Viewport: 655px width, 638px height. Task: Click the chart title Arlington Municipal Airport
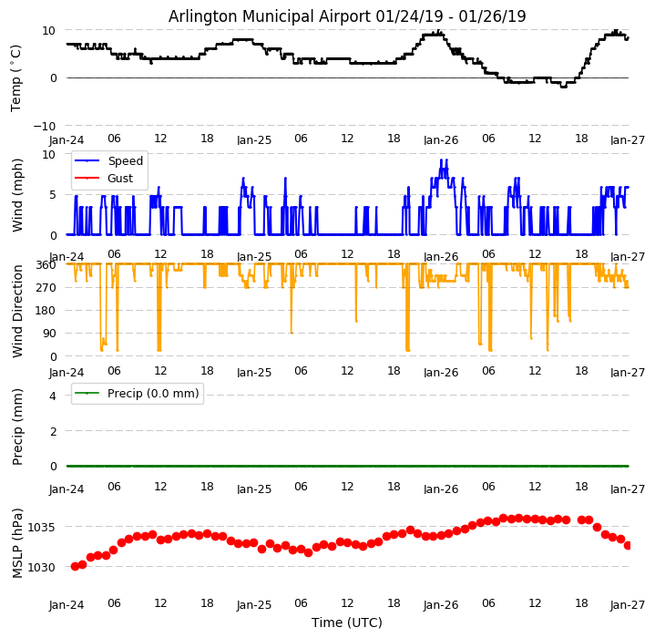(347, 16)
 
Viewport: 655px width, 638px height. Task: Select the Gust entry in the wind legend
(119, 179)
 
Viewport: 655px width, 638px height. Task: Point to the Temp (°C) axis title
(16, 77)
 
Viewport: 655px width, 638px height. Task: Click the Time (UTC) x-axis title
(347, 623)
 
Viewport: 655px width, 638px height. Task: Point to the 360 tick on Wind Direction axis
(46, 264)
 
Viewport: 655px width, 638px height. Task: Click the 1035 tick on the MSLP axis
(42, 527)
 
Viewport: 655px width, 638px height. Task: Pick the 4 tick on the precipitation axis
(52, 396)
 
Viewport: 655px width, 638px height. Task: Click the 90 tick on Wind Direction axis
(49, 334)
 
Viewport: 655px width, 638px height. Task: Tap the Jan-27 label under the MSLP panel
(629, 605)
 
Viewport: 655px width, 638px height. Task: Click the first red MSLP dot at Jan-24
(75, 566)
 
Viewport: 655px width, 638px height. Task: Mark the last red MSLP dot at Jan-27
(628, 545)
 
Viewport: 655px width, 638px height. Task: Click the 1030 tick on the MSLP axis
(42, 567)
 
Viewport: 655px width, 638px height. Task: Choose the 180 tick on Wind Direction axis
(46, 311)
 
